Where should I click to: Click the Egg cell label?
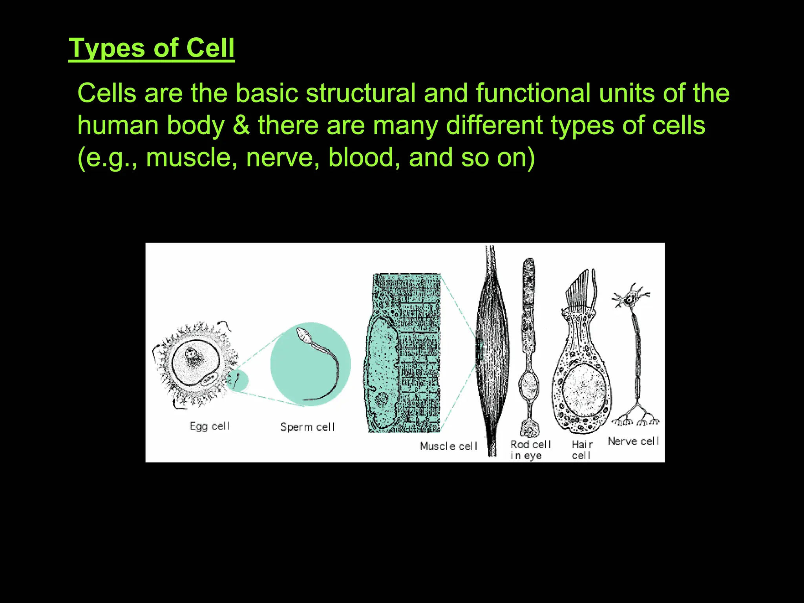pos(210,426)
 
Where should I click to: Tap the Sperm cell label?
pos(307,427)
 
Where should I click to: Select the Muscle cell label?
pos(448,446)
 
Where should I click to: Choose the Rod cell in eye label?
pos(530,450)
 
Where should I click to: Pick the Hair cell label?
pos(582,450)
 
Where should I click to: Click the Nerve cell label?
pos(633,441)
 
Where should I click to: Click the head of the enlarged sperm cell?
pos(303,335)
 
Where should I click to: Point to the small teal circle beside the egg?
pos(237,380)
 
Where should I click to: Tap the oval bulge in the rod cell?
pos(529,386)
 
